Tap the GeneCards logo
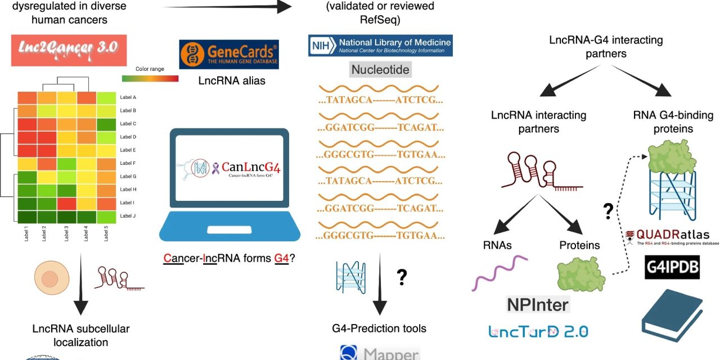(x=229, y=54)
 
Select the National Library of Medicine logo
(x=380, y=45)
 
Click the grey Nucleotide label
(x=380, y=70)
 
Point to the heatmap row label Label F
(x=128, y=163)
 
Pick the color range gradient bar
(x=150, y=78)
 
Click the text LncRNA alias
(x=232, y=81)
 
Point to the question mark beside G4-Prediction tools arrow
(x=402, y=276)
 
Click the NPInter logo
(x=538, y=304)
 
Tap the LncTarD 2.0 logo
(x=538, y=331)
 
